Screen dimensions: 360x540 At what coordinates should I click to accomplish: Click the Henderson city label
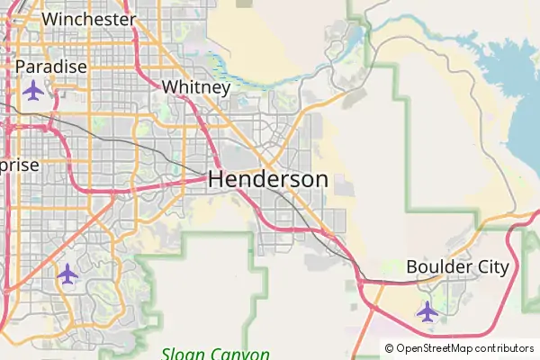point(268,179)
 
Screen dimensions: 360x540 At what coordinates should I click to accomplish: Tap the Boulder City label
point(457,267)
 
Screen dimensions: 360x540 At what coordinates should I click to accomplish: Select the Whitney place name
point(196,87)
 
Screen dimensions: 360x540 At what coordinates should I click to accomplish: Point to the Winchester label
point(89,19)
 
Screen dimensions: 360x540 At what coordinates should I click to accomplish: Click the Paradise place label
point(51,67)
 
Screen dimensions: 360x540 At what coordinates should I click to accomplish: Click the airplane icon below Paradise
point(34,91)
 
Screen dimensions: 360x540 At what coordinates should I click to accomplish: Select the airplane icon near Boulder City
point(427,311)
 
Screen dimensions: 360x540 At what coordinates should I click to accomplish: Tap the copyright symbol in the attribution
point(390,348)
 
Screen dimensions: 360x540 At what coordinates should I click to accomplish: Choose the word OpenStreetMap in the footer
point(436,348)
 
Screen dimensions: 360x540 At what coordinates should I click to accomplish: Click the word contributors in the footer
point(505,348)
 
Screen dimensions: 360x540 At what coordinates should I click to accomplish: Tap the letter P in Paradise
point(21,67)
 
